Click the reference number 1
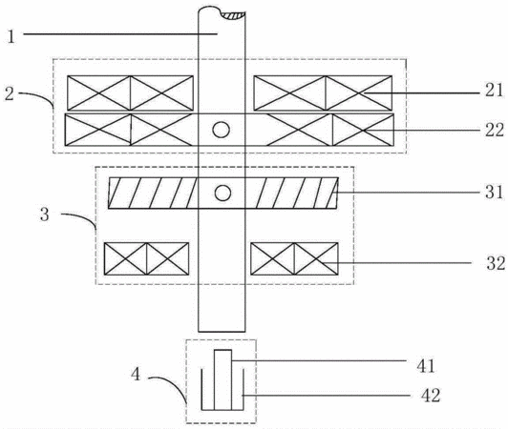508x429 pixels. (11, 36)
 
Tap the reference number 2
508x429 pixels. (10, 93)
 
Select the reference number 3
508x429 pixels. (44, 214)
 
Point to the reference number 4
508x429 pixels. (136, 375)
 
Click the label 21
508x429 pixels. (494, 91)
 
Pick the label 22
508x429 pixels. (495, 130)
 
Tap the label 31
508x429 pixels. (494, 192)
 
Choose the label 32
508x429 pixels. (496, 263)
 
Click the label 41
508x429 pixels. (426, 366)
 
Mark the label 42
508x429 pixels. (431, 396)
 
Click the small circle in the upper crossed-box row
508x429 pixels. (222, 130)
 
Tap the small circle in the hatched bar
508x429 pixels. (222, 194)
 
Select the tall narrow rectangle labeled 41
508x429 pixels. (222, 379)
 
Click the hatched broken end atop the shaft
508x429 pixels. (234, 15)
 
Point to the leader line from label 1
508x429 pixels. (120, 33)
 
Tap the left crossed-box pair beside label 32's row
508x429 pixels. (146, 258)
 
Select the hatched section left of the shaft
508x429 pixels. (153, 193)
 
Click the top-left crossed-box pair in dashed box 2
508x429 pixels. (130, 93)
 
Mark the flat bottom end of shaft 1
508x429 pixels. (222, 332)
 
